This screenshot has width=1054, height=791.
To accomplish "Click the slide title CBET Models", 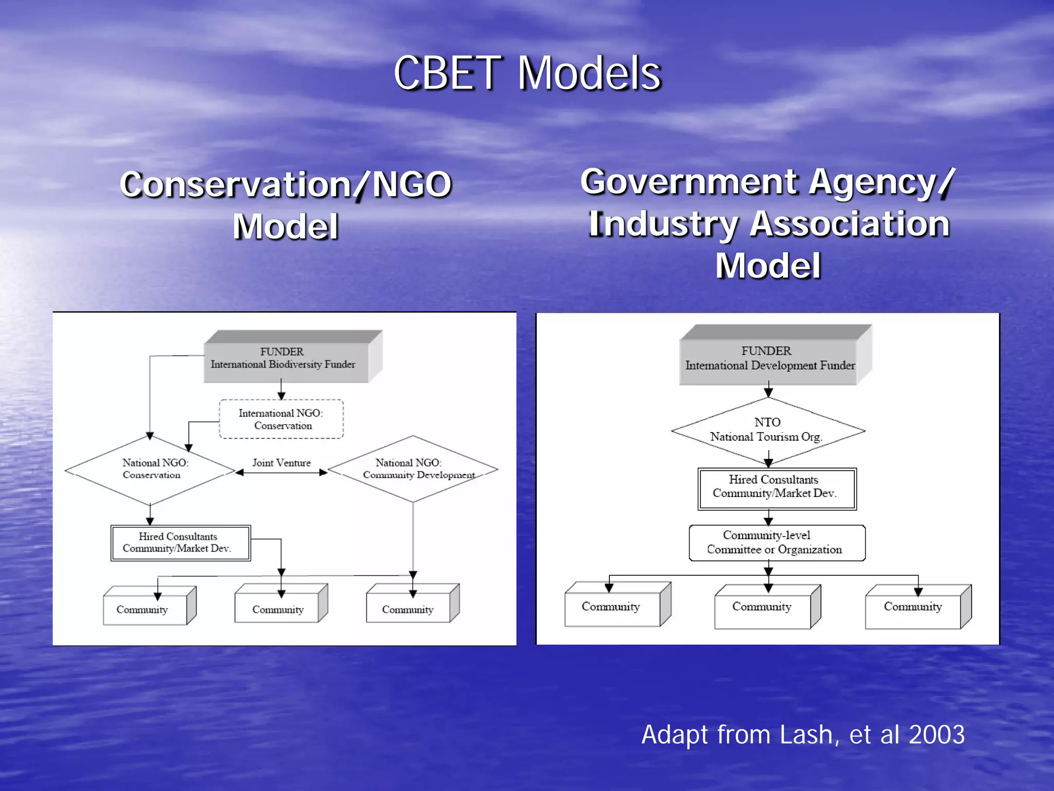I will (x=526, y=74).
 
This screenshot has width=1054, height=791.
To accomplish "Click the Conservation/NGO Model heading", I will (x=286, y=205).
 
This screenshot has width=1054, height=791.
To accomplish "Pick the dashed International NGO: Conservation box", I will (x=282, y=419).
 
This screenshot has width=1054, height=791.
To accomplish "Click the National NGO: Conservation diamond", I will (x=150, y=470).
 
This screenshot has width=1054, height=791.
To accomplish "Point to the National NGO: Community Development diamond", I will (x=413, y=469).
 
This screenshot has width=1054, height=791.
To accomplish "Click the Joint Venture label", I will (x=282, y=462).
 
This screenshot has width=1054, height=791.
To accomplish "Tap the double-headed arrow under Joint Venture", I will (x=282, y=473).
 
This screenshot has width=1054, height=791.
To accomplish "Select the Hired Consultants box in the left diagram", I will (x=180, y=543).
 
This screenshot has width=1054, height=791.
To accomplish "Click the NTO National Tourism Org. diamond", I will (x=767, y=431).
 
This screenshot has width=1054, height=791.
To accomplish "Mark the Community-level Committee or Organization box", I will (x=776, y=543).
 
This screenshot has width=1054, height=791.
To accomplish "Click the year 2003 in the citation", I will (x=936, y=734).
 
